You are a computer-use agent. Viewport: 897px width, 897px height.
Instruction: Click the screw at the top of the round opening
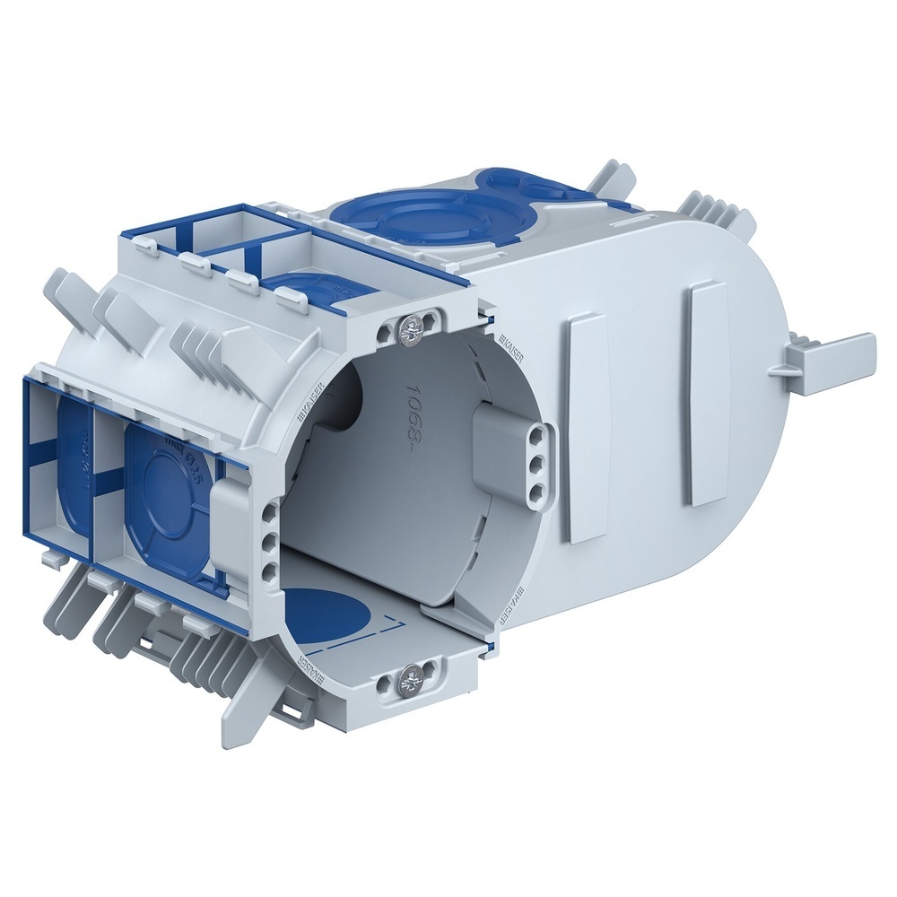(413, 329)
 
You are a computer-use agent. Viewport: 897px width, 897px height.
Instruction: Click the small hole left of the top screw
(387, 334)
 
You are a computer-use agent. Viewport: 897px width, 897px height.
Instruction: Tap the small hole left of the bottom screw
(387, 685)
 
